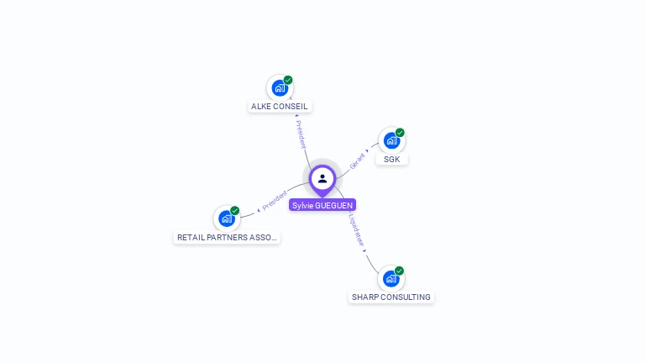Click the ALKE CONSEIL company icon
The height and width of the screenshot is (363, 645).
(280, 87)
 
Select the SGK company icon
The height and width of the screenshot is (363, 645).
(391, 140)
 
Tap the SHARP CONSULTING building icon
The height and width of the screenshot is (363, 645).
(391, 278)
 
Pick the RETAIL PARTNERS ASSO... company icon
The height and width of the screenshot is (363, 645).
(226, 218)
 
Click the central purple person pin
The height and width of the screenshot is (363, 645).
(322, 179)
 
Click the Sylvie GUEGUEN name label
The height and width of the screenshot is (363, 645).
(322, 205)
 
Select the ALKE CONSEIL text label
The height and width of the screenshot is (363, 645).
(281, 107)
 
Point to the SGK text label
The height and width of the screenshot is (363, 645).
(391, 160)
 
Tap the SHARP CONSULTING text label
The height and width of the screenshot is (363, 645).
(391, 297)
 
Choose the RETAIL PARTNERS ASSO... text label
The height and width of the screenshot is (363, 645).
(227, 238)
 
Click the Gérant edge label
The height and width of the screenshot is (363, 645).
(358, 160)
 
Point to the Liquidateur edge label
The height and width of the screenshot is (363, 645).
(357, 229)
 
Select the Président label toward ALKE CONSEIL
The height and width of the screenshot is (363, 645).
(301, 134)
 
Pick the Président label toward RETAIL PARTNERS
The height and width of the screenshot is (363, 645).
(275, 200)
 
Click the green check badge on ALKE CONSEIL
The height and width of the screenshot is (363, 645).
(288, 80)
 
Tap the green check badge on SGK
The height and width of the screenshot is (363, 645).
(400, 133)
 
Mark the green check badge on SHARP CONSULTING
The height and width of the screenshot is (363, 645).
(399, 271)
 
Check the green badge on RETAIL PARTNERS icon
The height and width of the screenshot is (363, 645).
(234, 211)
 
